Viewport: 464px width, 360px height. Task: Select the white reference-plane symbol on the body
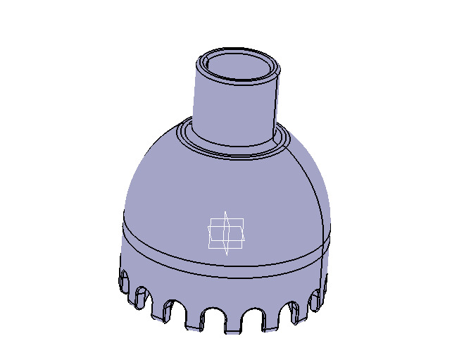226,233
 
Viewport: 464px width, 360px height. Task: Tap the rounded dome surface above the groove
176,190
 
